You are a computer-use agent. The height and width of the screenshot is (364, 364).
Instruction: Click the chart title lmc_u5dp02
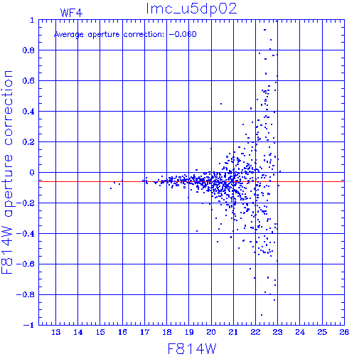click(x=191, y=9)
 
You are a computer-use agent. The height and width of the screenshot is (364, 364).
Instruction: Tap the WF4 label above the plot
click(x=71, y=13)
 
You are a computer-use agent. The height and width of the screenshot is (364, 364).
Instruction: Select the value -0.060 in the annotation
click(x=183, y=34)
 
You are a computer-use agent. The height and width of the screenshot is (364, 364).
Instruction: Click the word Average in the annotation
click(x=69, y=35)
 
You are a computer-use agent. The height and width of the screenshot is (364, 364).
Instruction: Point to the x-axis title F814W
click(x=192, y=348)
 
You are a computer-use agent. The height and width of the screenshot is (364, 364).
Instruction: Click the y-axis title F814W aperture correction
click(x=7, y=172)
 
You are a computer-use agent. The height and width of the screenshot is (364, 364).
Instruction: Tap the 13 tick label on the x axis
click(x=56, y=332)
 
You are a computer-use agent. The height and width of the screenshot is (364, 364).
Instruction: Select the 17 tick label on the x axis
click(x=144, y=332)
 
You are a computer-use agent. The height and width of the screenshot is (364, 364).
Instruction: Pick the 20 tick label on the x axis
click(x=211, y=332)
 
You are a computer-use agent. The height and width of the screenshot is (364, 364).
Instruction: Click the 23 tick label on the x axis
click(x=278, y=332)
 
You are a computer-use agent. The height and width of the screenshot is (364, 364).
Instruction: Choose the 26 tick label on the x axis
click(x=344, y=332)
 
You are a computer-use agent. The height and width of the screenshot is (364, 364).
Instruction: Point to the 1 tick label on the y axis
click(x=32, y=20)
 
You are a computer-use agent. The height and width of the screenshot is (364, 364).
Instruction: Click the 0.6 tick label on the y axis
click(x=28, y=81)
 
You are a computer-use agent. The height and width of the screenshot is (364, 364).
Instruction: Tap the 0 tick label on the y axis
click(x=32, y=172)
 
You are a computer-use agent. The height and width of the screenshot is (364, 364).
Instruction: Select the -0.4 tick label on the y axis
click(x=26, y=234)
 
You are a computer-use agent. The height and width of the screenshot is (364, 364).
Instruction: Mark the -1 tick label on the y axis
click(x=29, y=325)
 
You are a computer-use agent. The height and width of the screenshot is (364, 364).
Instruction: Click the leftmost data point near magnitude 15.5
click(x=111, y=188)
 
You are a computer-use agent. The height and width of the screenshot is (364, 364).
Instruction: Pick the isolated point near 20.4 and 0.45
click(x=221, y=104)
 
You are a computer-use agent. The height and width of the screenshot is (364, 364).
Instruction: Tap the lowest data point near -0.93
click(x=262, y=315)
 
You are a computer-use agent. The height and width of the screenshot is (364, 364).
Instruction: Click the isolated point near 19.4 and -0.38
click(x=197, y=231)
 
